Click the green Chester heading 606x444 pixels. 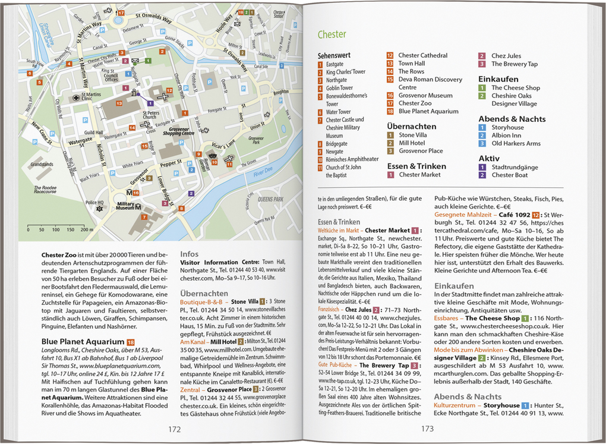[x=332, y=34]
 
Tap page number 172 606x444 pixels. [x=174, y=429]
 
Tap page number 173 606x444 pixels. [x=427, y=429]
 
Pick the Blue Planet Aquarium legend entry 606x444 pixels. [x=428, y=111]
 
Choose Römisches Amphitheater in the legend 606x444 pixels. [x=352, y=159]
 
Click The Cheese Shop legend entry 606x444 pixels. [x=515, y=88]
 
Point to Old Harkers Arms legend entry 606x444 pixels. [x=516, y=143]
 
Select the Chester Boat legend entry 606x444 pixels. [x=509, y=175]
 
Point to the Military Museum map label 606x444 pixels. [x=125, y=206]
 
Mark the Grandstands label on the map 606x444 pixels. [x=42, y=163]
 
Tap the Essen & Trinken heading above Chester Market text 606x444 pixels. [x=339, y=222]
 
